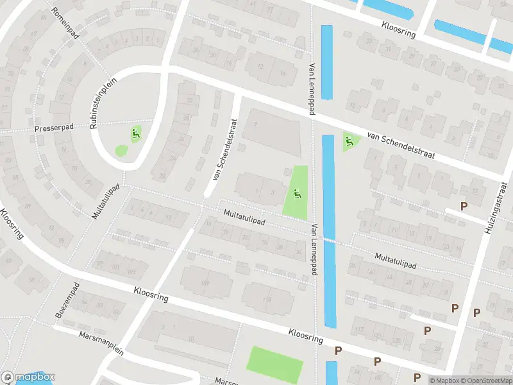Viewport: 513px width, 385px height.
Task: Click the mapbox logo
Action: click(28, 377)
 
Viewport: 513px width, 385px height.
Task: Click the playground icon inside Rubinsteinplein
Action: click(135, 134)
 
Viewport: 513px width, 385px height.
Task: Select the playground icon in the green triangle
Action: click(349, 141)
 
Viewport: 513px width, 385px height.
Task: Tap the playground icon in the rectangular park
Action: click(296, 193)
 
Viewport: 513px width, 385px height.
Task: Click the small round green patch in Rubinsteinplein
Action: click(121, 151)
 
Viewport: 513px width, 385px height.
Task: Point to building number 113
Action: click(267, 299)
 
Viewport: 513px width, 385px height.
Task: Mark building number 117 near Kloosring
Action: click(358, 330)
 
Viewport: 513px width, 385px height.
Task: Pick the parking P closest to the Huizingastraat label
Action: click(464, 207)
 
